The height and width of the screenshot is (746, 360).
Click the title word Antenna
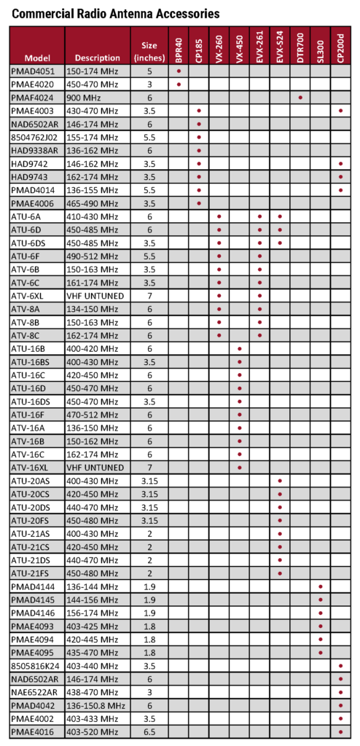125,13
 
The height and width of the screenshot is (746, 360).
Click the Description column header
97,58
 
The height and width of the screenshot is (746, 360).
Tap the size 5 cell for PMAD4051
149,71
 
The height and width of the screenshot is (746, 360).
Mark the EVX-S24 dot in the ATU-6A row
281,216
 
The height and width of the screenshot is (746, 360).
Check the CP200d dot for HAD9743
341,177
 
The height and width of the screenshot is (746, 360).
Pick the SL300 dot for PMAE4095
321,652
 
